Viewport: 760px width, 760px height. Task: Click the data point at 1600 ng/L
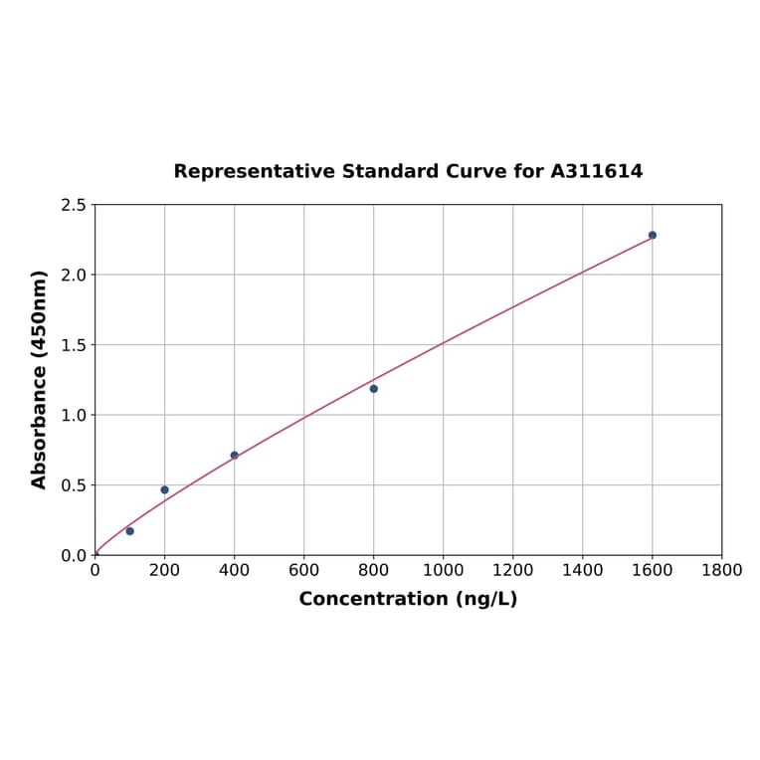[652, 235]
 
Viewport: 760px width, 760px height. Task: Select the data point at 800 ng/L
[373, 389]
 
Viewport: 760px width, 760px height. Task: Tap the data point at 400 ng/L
[234, 456]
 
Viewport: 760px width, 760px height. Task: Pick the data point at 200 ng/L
[164, 489]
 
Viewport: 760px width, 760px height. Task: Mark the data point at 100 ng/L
[129, 531]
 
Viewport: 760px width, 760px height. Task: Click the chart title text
[408, 171]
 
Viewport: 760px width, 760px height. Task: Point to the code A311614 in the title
[596, 171]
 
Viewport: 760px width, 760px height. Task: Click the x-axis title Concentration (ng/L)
[408, 599]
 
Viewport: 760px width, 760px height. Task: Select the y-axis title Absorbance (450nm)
[40, 379]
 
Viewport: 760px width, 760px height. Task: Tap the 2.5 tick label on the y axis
[74, 205]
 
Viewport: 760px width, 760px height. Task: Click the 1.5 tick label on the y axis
[74, 345]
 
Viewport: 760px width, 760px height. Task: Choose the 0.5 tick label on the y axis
[74, 485]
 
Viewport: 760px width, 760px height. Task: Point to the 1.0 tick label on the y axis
[74, 415]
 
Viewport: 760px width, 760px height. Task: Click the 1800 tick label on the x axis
[721, 570]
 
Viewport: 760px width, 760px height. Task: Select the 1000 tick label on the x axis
[443, 570]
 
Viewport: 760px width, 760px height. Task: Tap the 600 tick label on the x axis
[303, 570]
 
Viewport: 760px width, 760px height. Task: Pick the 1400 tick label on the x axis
[582, 570]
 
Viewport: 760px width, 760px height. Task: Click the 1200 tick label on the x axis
[512, 570]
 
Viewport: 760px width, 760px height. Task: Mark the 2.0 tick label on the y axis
[74, 275]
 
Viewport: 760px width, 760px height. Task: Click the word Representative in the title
[254, 171]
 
